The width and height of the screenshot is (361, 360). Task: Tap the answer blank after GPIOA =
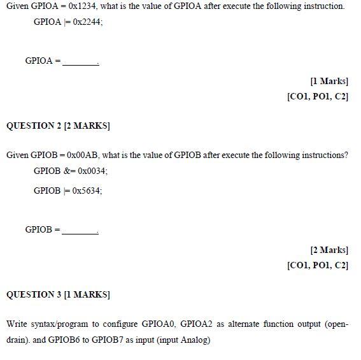(x=81, y=62)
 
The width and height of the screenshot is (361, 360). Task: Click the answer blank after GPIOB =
(x=80, y=230)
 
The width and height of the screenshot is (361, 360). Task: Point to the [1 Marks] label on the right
(x=329, y=81)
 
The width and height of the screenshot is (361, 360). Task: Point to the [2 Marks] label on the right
(x=329, y=250)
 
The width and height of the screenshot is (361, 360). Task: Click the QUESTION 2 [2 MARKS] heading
(x=59, y=126)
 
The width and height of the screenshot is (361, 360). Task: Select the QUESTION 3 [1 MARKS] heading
(x=59, y=294)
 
